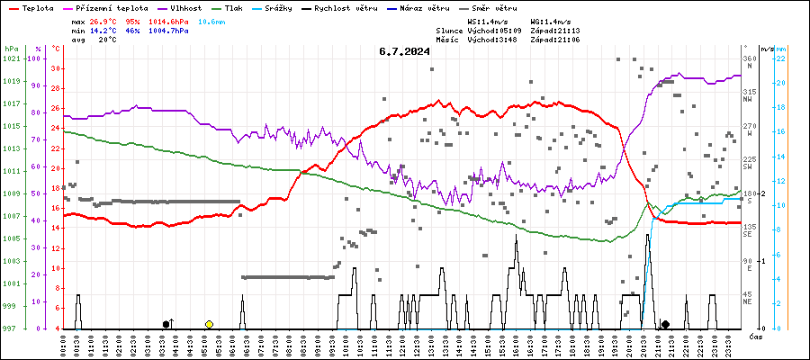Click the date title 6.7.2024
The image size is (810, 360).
(404, 51)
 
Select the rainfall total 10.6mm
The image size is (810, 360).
(213, 20)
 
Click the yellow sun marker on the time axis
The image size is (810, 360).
(209, 324)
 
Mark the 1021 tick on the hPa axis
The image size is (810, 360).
(11, 58)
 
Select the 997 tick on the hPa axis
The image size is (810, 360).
(11, 328)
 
